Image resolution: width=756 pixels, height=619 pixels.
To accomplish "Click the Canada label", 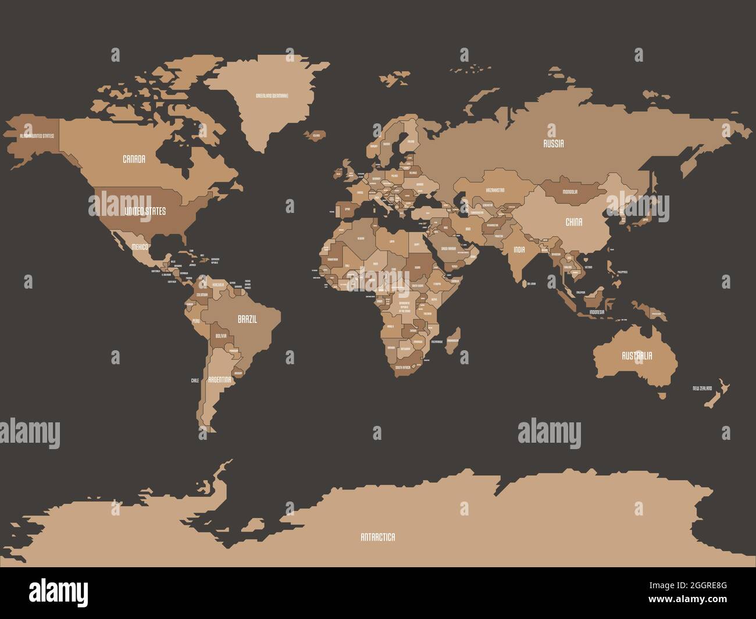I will point(134,159).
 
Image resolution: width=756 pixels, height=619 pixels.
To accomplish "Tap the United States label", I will point(145,211).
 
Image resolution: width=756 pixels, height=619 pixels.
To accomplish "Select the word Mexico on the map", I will point(140,247).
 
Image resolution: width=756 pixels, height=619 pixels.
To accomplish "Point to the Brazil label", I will point(247,319).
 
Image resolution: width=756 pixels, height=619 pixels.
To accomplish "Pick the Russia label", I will point(553,144).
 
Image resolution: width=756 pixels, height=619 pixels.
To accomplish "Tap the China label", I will point(574,222).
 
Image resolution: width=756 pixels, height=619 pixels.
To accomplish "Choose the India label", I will point(519,249).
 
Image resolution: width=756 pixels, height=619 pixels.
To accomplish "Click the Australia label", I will point(637,355).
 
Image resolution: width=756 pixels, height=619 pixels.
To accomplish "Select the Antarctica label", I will point(377,537).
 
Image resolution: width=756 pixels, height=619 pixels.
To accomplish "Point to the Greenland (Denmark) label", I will point(272,95).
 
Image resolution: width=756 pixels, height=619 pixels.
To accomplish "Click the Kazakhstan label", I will point(495,190).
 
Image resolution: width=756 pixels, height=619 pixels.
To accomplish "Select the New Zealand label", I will point(702,388).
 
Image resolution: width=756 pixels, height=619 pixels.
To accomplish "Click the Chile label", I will point(195,380).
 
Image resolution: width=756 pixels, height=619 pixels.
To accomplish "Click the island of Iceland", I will point(316,135).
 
